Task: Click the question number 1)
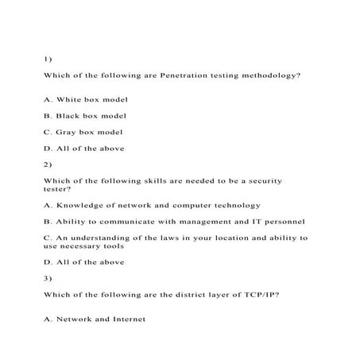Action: click(47, 58)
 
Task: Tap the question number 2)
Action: click(47, 165)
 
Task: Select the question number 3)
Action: click(47, 278)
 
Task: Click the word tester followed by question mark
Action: click(56, 189)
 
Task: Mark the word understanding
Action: click(102, 238)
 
